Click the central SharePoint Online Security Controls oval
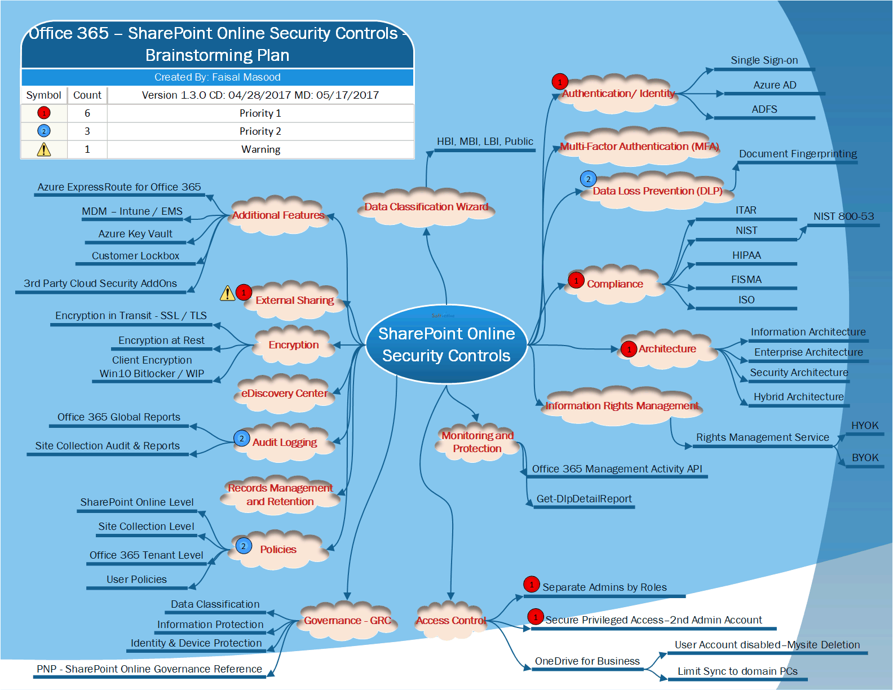[446, 344]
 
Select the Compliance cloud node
[615, 284]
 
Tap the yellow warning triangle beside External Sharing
[227, 293]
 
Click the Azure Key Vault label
[135, 234]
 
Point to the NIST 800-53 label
[843, 216]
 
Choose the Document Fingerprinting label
[798, 154]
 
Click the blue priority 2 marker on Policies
[244, 546]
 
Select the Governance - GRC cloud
[347, 621]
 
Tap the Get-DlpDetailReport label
[584, 499]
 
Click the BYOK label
[865, 458]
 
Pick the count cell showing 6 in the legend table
[87, 113]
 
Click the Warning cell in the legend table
[260, 149]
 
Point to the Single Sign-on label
[764, 60]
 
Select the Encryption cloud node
[294, 345]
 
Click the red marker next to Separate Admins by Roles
[531, 585]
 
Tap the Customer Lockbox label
[135, 256]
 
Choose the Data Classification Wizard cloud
[426, 207]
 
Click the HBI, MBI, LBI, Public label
[485, 141]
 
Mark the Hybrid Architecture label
[798, 397]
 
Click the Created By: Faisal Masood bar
[218, 77]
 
